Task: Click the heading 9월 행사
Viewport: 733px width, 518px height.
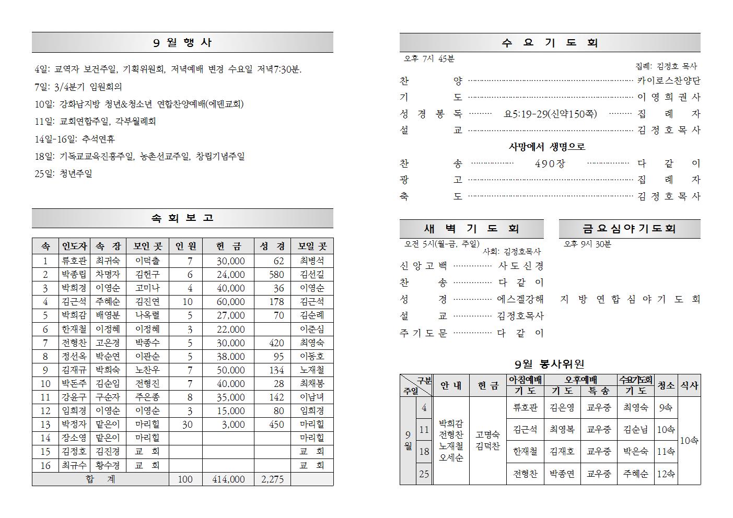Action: click(182, 42)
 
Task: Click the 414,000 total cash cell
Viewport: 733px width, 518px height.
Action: click(228, 479)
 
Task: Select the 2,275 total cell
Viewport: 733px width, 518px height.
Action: click(272, 479)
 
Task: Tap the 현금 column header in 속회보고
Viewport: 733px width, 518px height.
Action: click(228, 246)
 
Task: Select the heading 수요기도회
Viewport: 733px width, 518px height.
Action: click(550, 43)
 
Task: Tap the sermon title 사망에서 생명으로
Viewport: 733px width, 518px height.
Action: click(547, 147)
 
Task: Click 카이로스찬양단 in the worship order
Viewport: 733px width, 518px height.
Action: click(668, 81)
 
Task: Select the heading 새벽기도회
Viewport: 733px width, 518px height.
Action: click(471, 229)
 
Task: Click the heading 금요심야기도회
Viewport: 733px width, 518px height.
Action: click(629, 229)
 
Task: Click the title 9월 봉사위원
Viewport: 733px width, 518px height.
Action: click(549, 364)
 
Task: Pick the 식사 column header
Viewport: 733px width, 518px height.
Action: click(689, 385)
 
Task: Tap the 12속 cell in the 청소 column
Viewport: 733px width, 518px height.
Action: click(666, 474)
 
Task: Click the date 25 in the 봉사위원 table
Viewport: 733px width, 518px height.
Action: click(424, 474)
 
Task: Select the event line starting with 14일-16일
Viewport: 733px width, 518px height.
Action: click(75, 139)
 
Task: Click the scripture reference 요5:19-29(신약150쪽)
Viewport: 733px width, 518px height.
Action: click(550, 114)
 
